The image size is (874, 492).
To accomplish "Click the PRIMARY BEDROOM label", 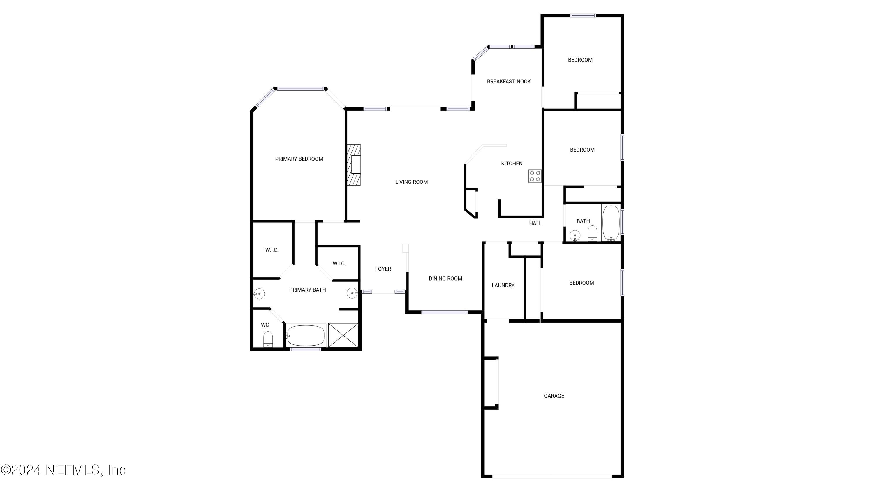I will click(299, 159).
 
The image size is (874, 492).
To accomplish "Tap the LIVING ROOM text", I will click(411, 182).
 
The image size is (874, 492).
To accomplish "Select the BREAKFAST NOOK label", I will click(509, 81).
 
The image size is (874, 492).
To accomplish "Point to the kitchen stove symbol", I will click(535, 176).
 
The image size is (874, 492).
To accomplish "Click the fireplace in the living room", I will click(354, 165).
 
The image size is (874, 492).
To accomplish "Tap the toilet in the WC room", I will click(268, 339).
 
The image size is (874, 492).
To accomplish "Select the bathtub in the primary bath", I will click(306, 335).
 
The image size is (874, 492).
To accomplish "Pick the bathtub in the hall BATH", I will click(611, 223).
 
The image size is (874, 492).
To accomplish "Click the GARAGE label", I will click(554, 396).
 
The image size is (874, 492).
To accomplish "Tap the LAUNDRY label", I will click(503, 286).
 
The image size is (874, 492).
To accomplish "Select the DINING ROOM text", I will click(445, 279).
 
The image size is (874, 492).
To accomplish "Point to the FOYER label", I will click(383, 269).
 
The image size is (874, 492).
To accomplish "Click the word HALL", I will click(535, 223).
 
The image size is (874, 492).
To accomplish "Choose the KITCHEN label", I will click(512, 164).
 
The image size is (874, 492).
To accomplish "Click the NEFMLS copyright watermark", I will click(64, 470).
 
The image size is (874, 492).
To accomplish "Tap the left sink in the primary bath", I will click(259, 293).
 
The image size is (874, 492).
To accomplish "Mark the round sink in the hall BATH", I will click(575, 235).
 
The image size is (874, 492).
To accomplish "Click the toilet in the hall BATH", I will click(592, 233).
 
